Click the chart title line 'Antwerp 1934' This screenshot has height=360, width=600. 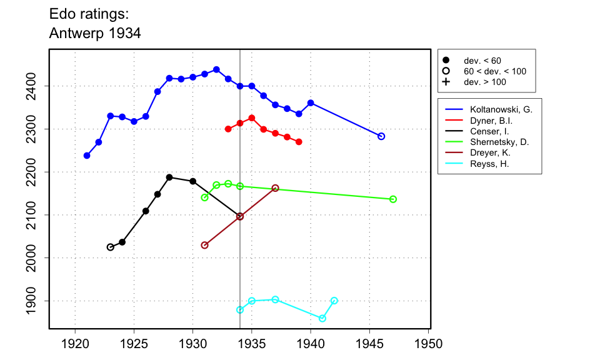95,34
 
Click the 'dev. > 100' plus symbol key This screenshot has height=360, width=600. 446,82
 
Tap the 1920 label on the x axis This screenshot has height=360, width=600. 75,344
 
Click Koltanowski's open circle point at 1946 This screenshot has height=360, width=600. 381,136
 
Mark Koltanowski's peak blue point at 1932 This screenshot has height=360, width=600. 216,69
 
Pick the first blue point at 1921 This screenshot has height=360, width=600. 87,156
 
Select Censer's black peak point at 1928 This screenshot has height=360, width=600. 169,177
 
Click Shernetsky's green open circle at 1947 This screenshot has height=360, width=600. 393,199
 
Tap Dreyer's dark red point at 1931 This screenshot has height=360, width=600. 204,245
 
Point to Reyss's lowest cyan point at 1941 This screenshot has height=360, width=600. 322,318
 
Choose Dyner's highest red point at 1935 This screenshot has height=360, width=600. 252,118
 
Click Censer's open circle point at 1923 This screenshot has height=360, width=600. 111,247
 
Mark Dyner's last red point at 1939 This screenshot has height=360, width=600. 299,142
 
